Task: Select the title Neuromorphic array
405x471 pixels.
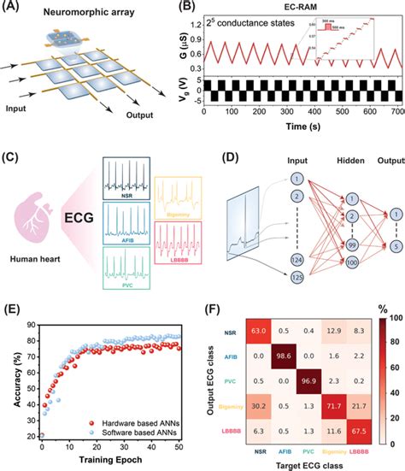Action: (101, 12)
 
